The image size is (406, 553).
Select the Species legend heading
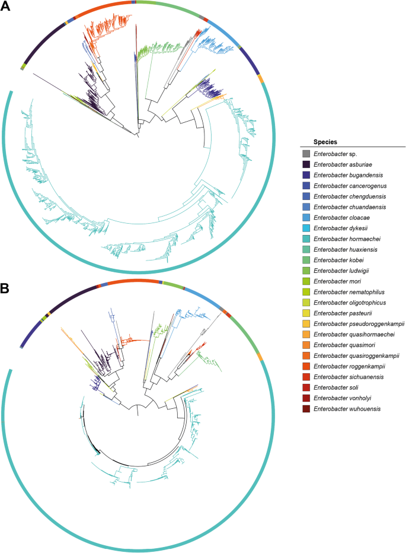pos(325,142)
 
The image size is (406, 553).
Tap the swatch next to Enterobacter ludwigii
pos(306,269)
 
